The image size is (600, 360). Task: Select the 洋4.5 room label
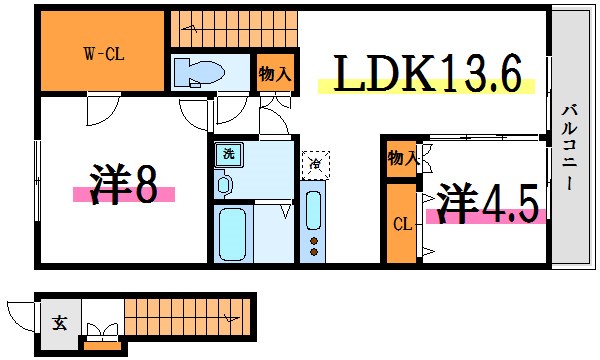tap(487, 202)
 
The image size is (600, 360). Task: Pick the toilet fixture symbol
tap(200, 73)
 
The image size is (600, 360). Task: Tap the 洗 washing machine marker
tap(228, 155)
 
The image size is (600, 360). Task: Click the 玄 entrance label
tap(59, 323)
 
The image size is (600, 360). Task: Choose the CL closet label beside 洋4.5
tap(400, 224)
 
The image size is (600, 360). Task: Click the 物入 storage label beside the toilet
tap(274, 72)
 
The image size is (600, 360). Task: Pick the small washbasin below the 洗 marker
tap(224, 184)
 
